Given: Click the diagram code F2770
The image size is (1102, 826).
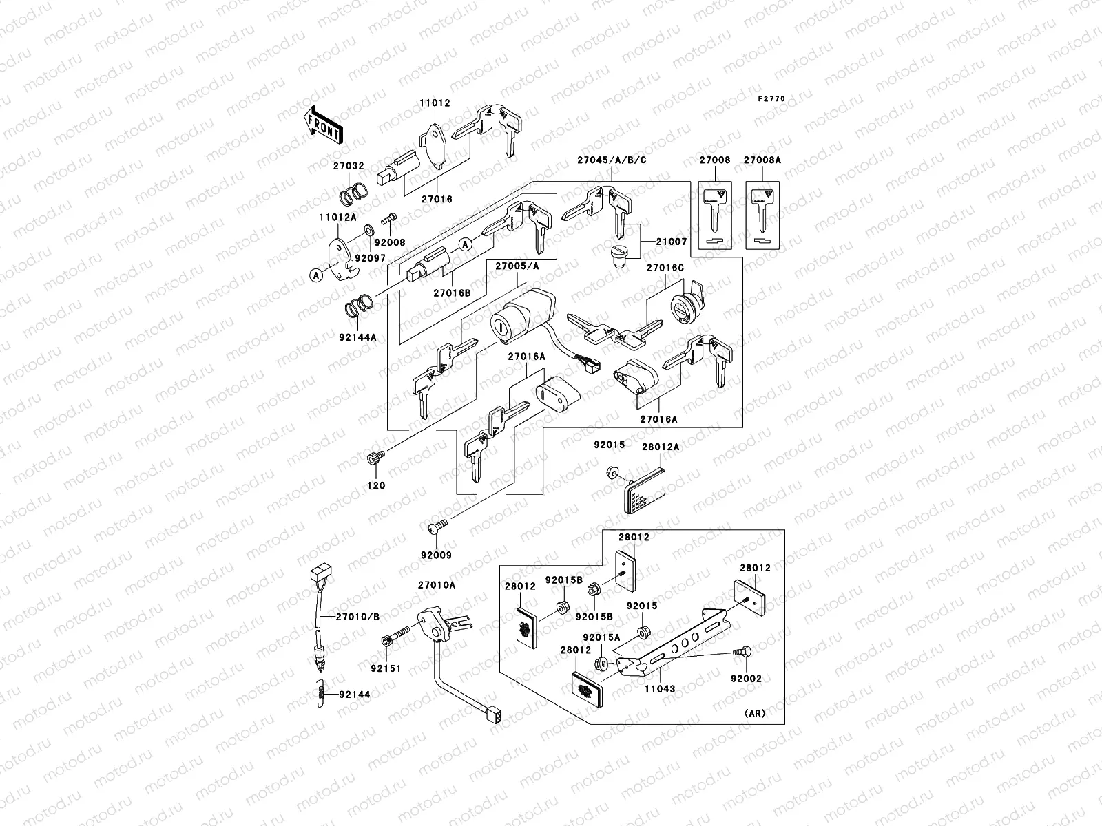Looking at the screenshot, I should click(x=771, y=99).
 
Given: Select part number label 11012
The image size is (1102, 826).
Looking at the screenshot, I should click(x=435, y=103).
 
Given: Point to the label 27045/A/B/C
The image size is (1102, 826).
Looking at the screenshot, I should click(x=612, y=160).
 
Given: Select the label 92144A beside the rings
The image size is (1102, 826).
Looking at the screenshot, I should click(x=357, y=338).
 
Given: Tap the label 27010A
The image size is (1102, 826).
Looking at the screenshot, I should click(x=436, y=584).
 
